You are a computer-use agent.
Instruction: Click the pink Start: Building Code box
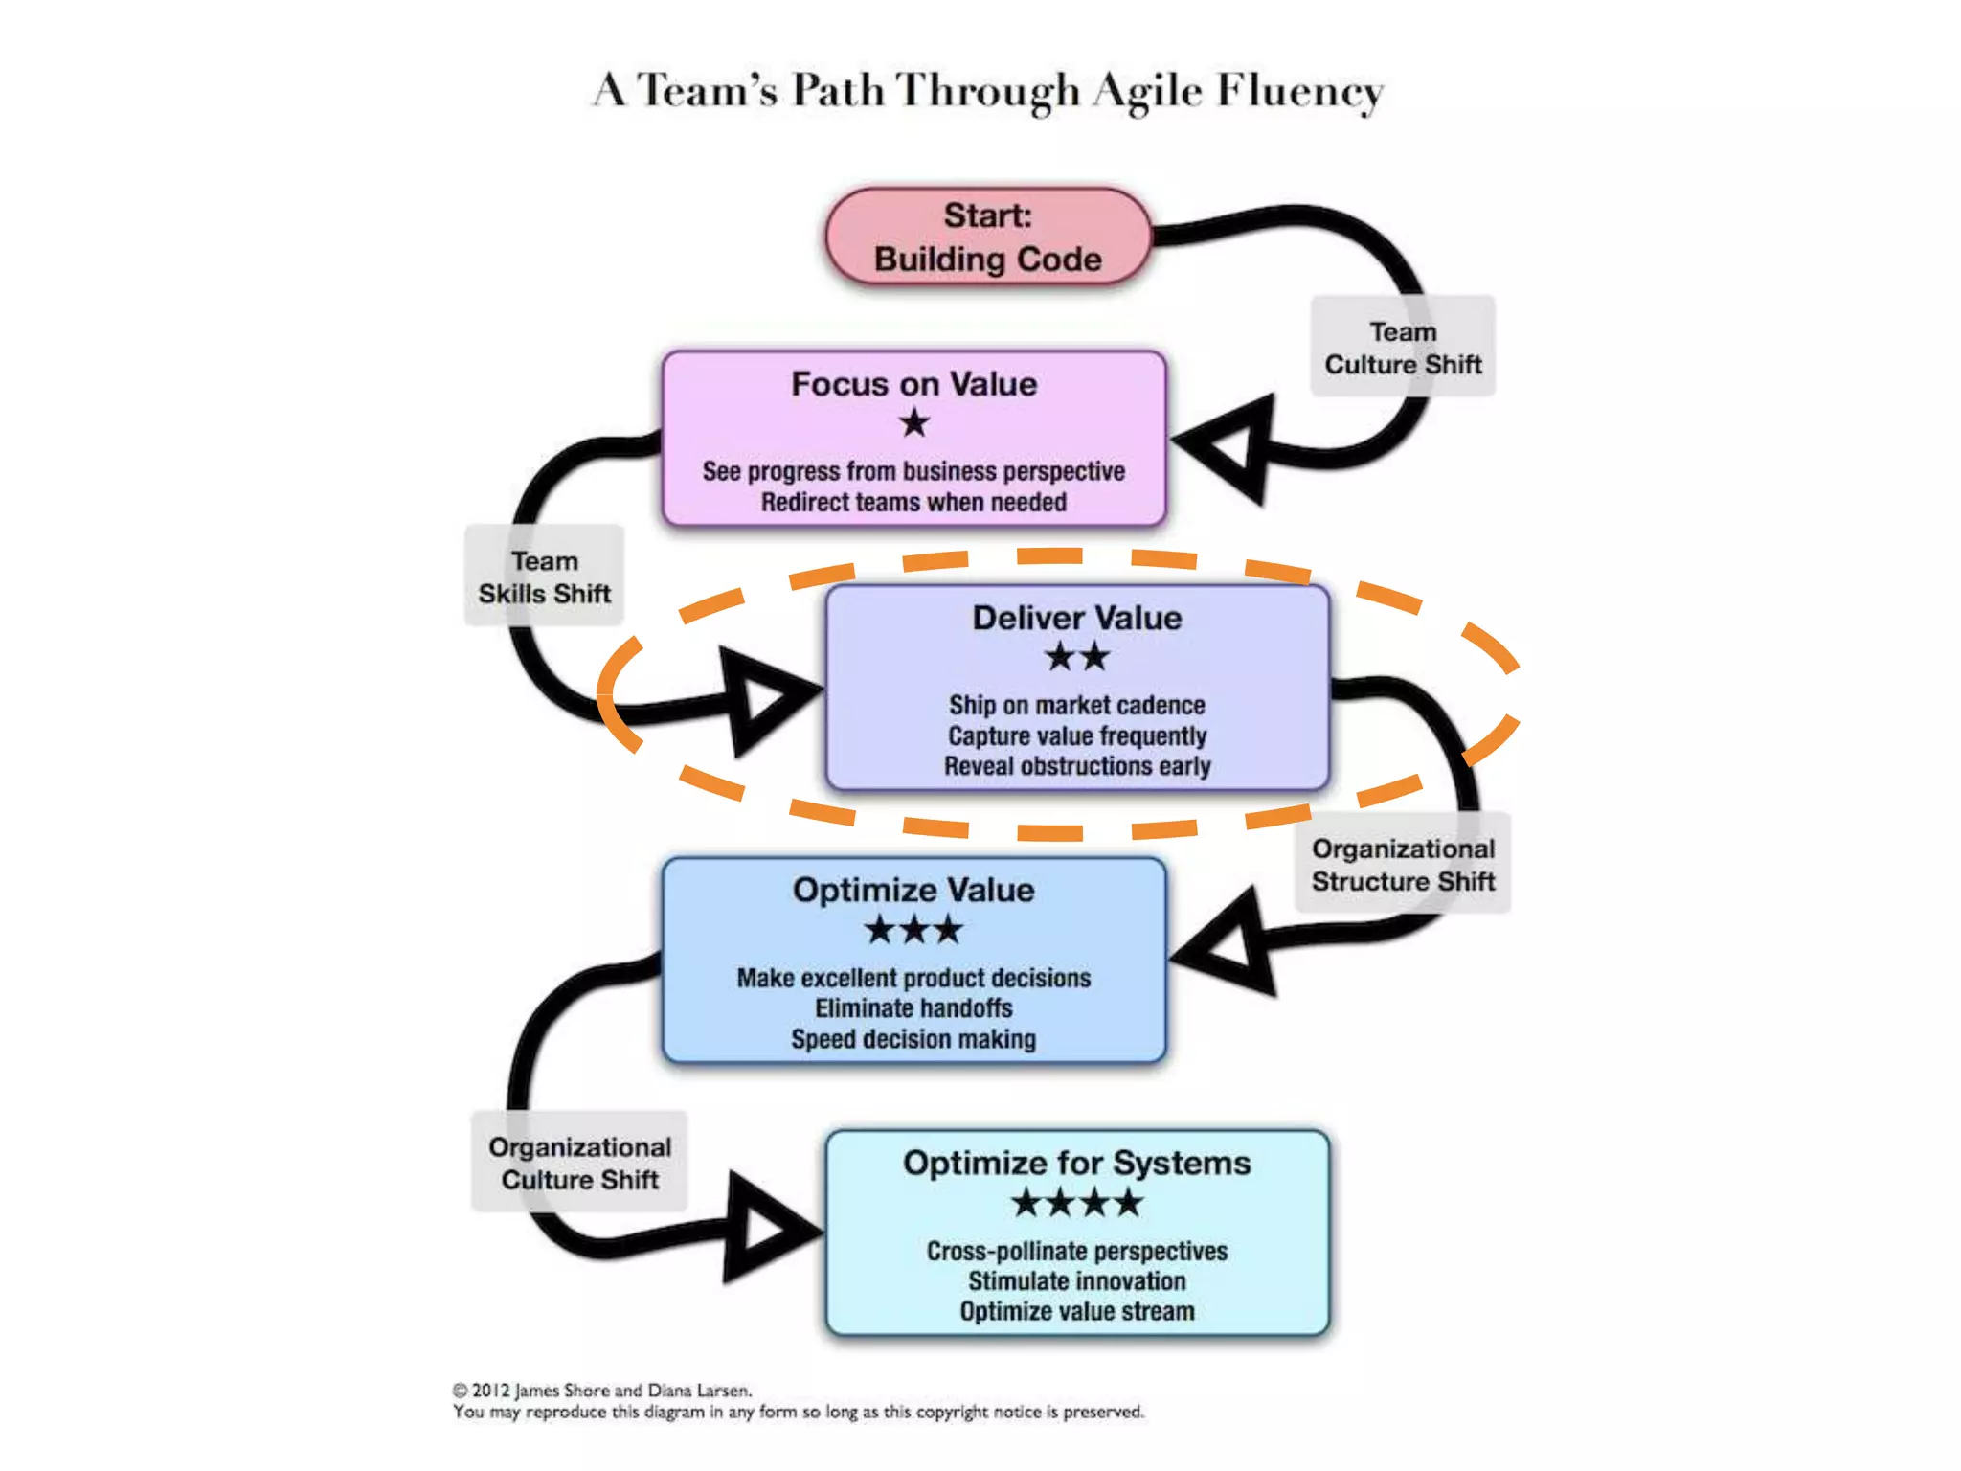(x=988, y=237)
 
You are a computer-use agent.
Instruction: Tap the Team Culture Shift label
(x=1403, y=348)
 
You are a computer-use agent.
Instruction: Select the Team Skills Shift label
(x=544, y=577)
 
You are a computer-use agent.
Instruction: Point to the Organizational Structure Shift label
(x=1403, y=864)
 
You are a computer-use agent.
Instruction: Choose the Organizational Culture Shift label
(x=579, y=1163)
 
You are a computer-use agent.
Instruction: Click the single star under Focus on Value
(x=914, y=422)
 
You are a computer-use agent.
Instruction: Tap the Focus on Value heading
(x=914, y=384)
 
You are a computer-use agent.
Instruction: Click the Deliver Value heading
(x=1077, y=618)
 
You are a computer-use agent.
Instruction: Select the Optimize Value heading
(x=913, y=890)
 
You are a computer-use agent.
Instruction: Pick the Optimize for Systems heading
(x=1077, y=1163)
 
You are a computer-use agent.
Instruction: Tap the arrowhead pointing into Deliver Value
(x=766, y=699)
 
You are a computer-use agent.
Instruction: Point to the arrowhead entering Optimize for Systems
(x=766, y=1227)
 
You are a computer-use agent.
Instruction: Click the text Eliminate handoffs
(x=913, y=1008)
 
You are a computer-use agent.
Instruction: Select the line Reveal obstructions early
(x=1077, y=766)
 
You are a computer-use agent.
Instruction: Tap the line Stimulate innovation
(x=1077, y=1281)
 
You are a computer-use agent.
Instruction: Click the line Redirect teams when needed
(x=913, y=502)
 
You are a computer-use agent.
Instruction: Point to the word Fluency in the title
(x=1299, y=92)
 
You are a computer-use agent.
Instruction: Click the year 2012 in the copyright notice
(x=490, y=1391)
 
